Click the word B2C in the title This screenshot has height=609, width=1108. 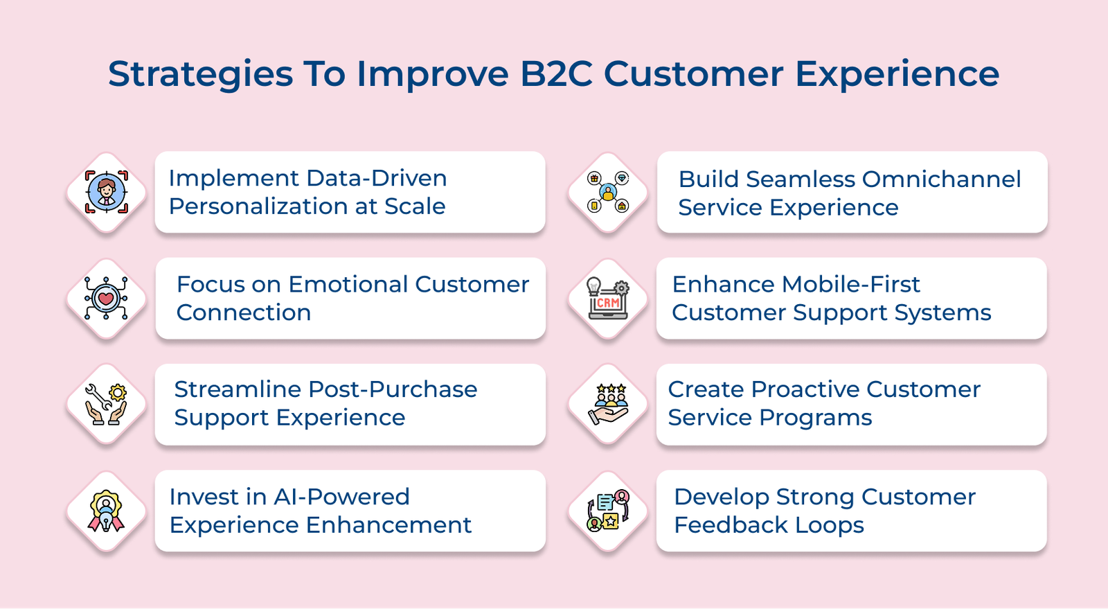[x=556, y=74]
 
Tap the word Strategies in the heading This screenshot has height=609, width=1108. [x=200, y=74]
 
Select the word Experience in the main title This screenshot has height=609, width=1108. [x=897, y=74]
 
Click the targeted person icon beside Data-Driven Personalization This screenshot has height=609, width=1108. [x=106, y=192]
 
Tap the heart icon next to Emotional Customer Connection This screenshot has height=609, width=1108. [x=106, y=299]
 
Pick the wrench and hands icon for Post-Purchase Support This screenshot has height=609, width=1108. [x=106, y=404]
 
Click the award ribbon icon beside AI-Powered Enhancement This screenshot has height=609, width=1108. [x=106, y=511]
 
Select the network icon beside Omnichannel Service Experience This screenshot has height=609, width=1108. [x=608, y=193]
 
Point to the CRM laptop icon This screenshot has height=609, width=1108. [x=608, y=299]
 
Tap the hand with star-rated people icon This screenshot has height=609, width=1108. [x=608, y=404]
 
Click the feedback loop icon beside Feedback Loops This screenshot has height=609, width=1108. [x=608, y=511]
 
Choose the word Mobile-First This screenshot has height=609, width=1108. [x=851, y=285]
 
